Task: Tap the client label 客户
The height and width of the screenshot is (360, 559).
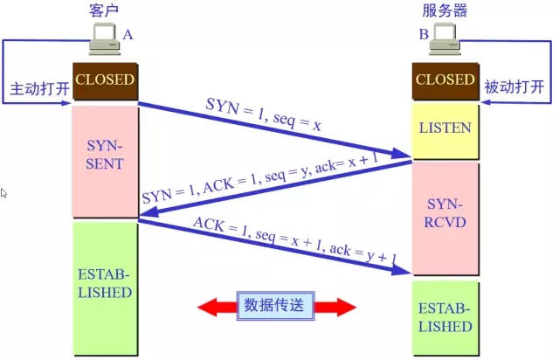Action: pyautogui.click(x=104, y=10)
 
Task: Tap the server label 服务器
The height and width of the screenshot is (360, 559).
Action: pyautogui.click(x=445, y=10)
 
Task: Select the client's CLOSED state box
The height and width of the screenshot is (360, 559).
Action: pyautogui.click(x=105, y=80)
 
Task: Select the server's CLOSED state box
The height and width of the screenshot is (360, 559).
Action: pyautogui.click(x=445, y=80)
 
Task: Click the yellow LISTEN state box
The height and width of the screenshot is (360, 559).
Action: pyautogui.click(x=445, y=128)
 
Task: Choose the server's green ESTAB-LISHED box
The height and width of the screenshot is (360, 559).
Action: pyautogui.click(x=445, y=319)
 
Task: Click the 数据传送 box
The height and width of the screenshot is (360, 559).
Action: pyautogui.click(x=276, y=306)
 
